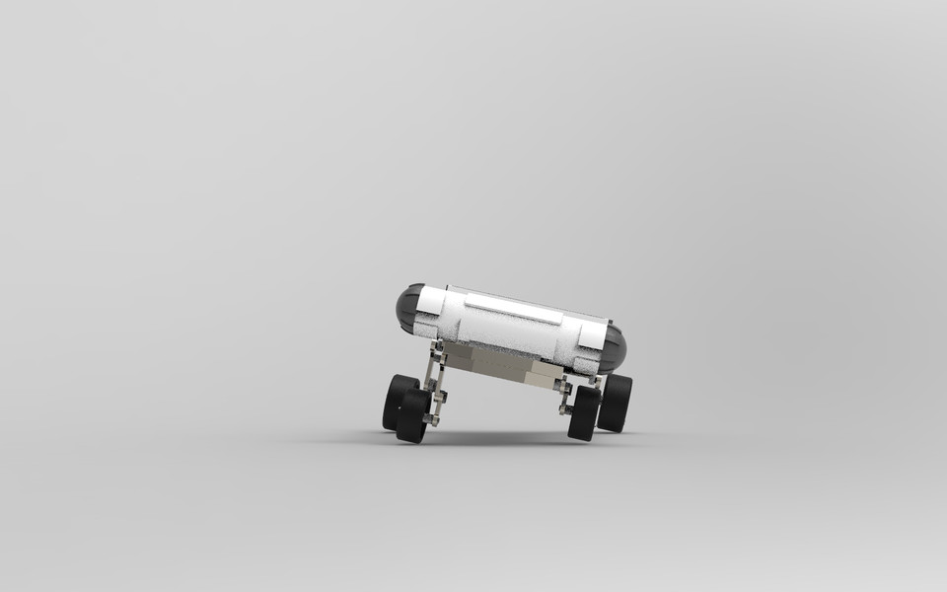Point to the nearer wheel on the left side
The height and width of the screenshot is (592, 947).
(413, 415)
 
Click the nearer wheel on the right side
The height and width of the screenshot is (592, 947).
(583, 412)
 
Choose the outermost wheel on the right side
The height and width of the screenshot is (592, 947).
(616, 402)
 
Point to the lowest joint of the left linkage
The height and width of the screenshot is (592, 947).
(431, 418)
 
